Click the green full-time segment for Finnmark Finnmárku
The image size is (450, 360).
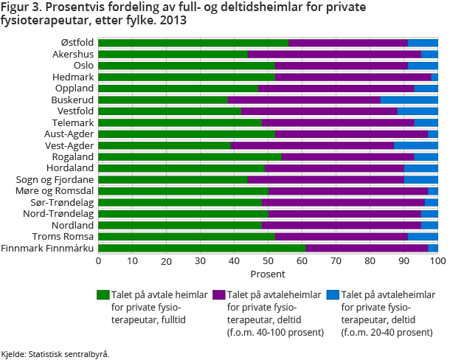coord(201,248)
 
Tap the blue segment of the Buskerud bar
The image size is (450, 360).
coord(409,100)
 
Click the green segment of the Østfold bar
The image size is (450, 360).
coord(193,43)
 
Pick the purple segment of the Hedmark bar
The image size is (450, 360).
coord(353,77)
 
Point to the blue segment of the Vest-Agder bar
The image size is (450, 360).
coord(415,145)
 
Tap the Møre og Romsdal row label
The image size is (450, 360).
coord(56,191)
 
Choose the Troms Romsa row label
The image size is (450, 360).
coord(65,236)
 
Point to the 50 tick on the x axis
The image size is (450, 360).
coord(268,261)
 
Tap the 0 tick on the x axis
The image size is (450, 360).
coord(98,261)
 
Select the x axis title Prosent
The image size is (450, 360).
coord(268,274)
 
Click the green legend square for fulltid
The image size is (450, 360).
coord(103,295)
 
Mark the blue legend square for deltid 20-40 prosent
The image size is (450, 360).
coord(333,295)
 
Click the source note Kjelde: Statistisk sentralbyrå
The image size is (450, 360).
coord(55,354)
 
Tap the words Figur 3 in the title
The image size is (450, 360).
coord(22,7)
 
